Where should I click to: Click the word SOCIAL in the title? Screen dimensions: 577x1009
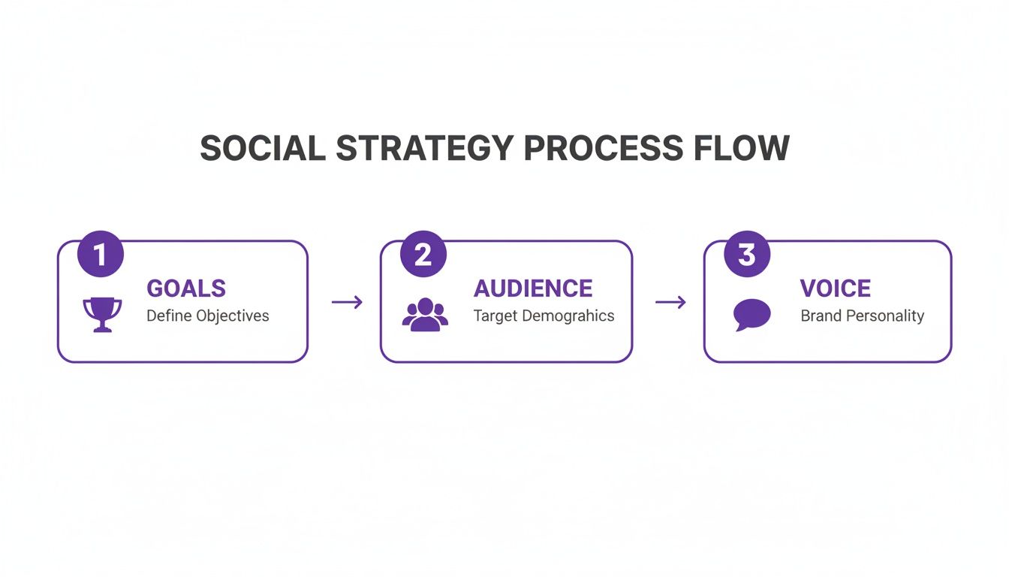(262, 148)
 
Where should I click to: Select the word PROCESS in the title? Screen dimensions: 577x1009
(603, 148)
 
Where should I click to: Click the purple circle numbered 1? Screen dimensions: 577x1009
(100, 255)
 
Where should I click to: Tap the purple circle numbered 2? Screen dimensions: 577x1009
(423, 255)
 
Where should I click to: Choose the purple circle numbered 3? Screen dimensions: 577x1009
(746, 255)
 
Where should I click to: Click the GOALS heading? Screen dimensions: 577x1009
(186, 288)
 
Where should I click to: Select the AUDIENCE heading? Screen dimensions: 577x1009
(533, 288)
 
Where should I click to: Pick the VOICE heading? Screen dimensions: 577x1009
(836, 288)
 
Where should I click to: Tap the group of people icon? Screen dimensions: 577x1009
(425, 314)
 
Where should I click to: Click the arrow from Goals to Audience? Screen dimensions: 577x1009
(347, 302)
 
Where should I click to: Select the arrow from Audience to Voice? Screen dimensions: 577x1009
(670, 302)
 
